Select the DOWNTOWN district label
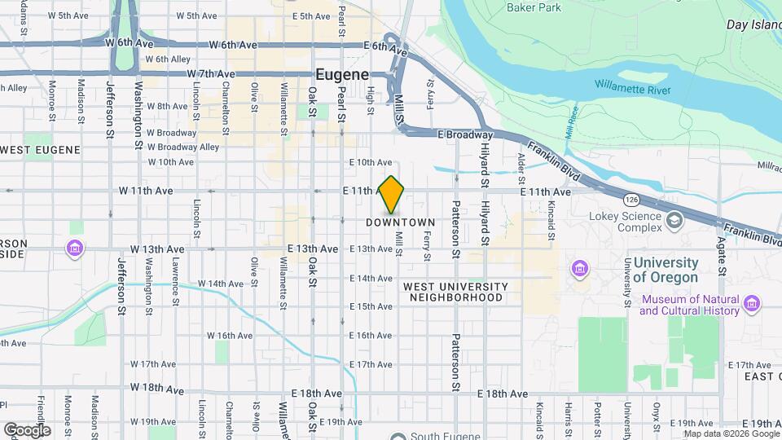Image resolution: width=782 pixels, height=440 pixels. click(401, 222)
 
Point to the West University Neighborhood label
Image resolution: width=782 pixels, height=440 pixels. click(455, 292)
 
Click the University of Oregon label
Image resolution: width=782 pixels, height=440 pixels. click(666, 270)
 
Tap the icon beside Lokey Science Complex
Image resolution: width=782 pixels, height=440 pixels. click(674, 221)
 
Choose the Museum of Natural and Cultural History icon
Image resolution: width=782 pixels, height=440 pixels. click(752, 305)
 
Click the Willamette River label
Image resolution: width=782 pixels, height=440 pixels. click(633, 86)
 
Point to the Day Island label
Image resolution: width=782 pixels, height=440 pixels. click(753, 25)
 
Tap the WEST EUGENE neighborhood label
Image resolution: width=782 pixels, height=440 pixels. click(41, 150)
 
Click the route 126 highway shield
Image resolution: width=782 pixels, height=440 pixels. click(631, 200)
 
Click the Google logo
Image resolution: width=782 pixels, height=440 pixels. click(26, 429)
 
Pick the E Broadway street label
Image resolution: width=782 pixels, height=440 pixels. click(465, 134)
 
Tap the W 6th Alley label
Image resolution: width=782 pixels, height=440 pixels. click(167, 59)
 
